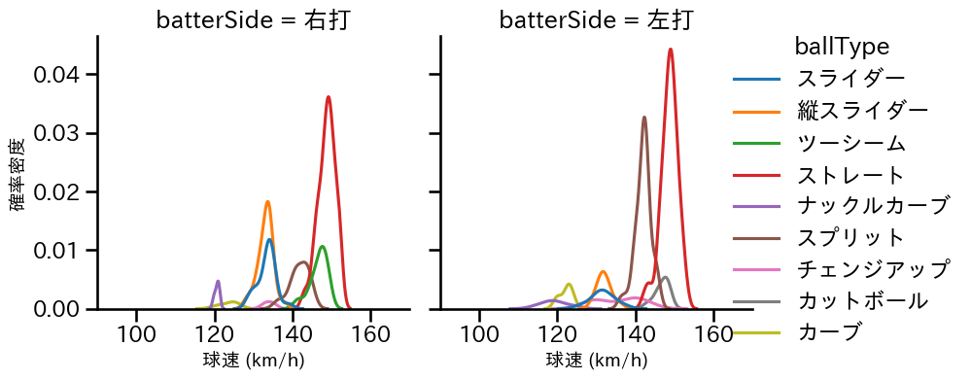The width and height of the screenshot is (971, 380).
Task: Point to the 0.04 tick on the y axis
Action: pyautogui.click(x=60, y=75)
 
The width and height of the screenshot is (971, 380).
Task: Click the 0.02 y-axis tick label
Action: pyautogui.click(x=60, y=191)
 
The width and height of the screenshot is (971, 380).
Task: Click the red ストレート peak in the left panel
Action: pyautogui.click(x=329, y=97)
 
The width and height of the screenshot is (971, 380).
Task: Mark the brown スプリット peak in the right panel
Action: pyautogui.click(x=644, y=118)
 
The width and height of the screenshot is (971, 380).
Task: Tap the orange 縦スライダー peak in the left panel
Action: pyautogui.click(x=267, y=202)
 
